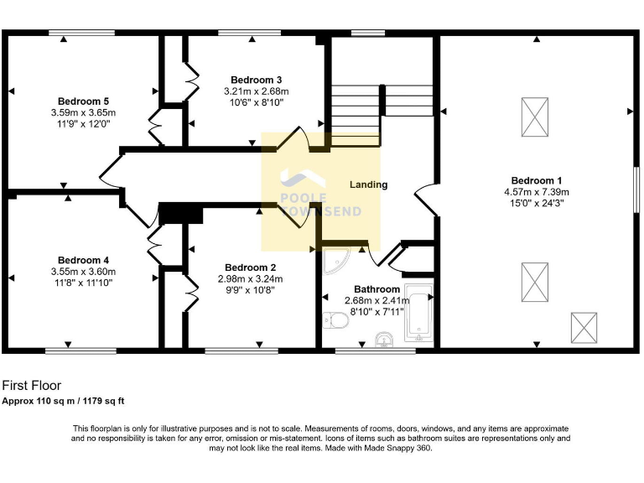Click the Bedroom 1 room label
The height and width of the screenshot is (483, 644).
click(537, 180)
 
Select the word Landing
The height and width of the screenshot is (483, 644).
click(368, 184)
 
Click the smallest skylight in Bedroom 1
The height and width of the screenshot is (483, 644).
click(583, 325)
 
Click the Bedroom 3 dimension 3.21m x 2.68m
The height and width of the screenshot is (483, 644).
click(256, 91)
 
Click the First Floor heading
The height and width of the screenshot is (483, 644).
click(31, 386)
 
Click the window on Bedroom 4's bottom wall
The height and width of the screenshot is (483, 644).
click(80, 351)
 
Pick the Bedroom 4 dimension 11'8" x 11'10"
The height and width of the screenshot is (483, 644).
click(82, 283)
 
